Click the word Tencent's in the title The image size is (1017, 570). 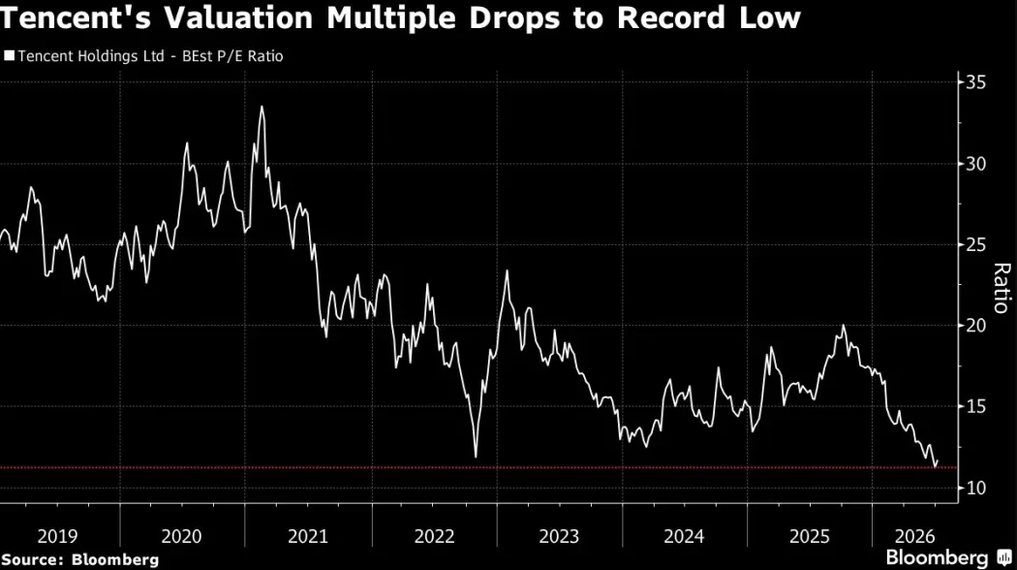point(76,18)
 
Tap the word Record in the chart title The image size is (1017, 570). point(670,18)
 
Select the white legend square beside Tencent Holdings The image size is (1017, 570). point(9,56)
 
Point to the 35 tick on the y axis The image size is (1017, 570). point(976,82)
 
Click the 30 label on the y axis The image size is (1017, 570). point(976,164)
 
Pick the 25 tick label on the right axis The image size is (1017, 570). point(976,244)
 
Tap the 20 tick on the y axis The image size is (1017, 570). point(976,326)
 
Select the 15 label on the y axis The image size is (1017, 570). point(976,406)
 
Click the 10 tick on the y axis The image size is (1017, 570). point(976,488)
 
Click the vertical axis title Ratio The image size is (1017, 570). point(1002,288)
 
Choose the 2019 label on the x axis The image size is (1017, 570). point(58,536)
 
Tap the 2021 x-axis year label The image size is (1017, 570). point(308,536)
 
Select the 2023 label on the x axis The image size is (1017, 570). point(559,536)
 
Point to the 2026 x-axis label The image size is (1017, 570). point(915,536)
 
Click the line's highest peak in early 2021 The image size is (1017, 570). point(262,108)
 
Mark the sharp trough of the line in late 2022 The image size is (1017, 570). point(477,457)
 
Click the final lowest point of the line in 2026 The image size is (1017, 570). point(936,466)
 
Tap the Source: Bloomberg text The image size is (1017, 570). point(79,559)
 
